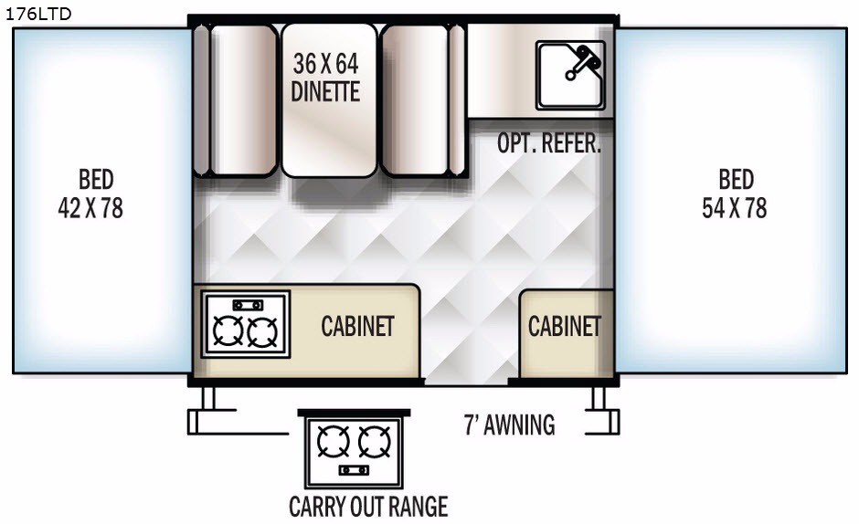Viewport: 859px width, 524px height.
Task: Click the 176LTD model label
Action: (x=37, y=13)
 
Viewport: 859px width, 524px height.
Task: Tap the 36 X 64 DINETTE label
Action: (x=326, y=78)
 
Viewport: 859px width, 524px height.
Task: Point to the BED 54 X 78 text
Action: (x=735, y=194)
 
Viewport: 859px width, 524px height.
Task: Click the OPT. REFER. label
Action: (x=549, y=143)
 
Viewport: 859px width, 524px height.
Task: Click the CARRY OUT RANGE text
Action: (x=368, y=506)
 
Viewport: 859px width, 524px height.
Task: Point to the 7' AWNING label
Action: (x=509, y=424)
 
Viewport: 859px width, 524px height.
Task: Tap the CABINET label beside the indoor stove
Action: (x=357, y=326)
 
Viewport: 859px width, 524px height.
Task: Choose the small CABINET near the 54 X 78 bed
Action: (x=565, y=326)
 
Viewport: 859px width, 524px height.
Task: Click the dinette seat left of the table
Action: (x=243, y=100)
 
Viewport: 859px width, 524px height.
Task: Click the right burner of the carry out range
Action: (x=375, y=443)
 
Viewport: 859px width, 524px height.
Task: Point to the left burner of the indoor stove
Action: (x=226, y=330)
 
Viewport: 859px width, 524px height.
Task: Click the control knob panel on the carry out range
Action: (x=354, y=469)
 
